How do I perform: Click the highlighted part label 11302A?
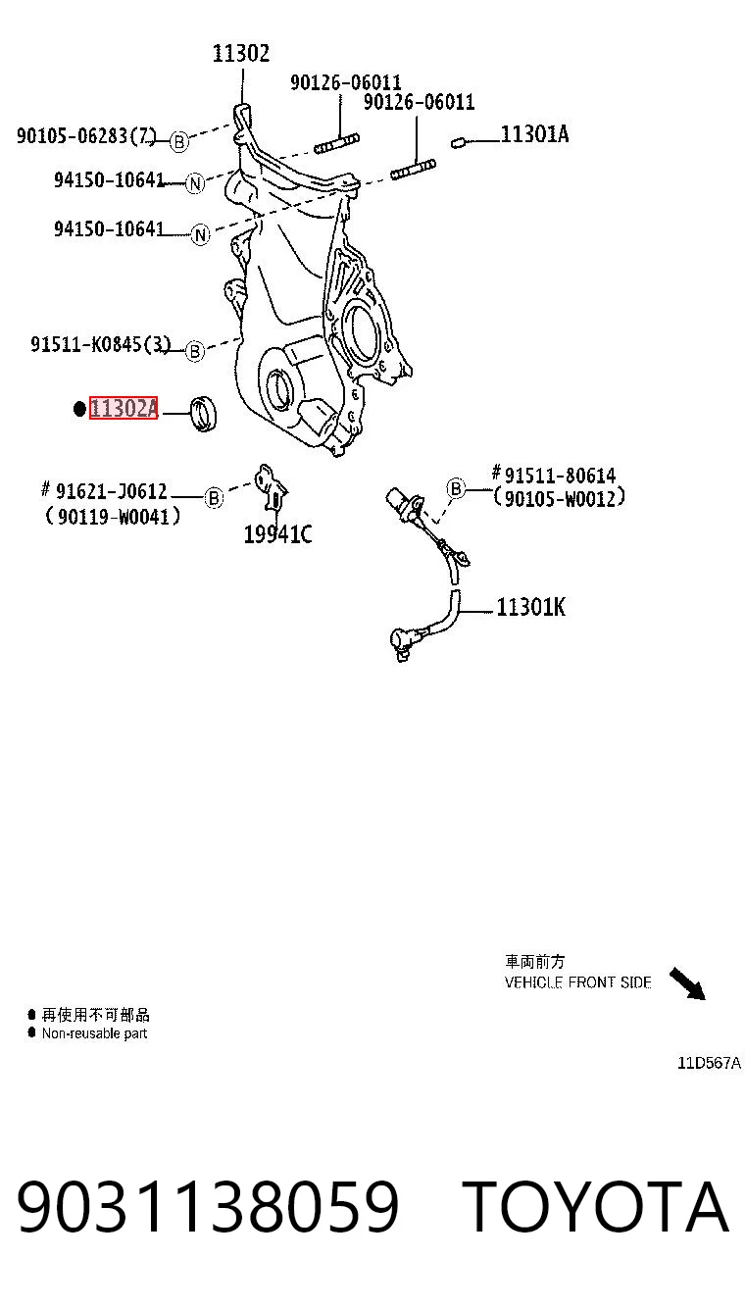124,408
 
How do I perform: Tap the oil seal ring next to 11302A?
204,414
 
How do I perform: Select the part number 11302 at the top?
241,54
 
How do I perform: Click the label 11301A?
534,134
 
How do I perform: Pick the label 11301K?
530,607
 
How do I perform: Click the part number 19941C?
277,533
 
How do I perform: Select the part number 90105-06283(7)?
86,135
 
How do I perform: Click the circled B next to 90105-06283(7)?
179,141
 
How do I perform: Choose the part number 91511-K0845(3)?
100,344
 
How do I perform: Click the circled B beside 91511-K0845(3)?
195,352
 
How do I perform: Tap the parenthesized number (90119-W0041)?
113,516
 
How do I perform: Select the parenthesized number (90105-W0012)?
559,498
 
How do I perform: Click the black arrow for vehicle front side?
687,983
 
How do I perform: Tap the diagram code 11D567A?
709,1063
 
